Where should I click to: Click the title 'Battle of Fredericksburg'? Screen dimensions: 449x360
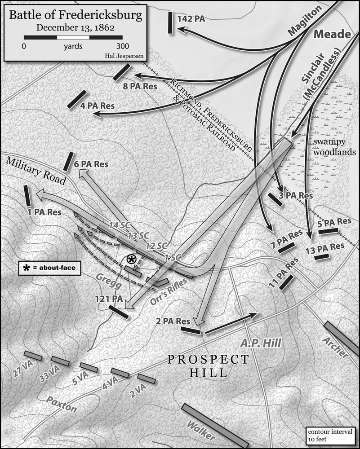76,15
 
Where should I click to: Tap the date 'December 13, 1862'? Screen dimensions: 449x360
76,27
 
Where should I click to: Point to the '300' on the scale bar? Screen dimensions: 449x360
122,46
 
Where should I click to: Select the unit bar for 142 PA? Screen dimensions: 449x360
170,22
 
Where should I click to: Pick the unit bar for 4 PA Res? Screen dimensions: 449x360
76,99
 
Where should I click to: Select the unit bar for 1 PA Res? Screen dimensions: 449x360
27,196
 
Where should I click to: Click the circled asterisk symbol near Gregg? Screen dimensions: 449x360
131,259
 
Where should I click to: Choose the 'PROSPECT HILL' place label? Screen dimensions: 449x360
208,365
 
